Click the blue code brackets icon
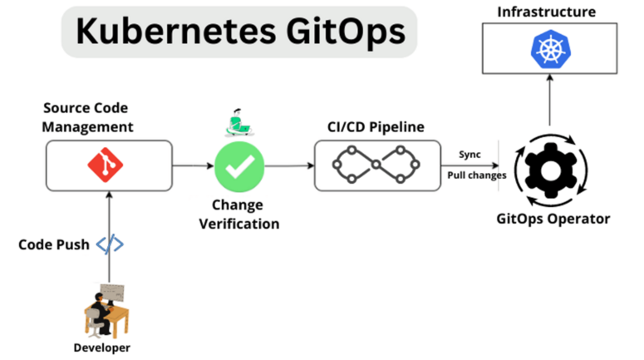110,245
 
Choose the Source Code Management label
88,117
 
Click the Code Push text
54,245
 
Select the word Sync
469,155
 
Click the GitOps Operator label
553,219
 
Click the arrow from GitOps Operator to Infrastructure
548,104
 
